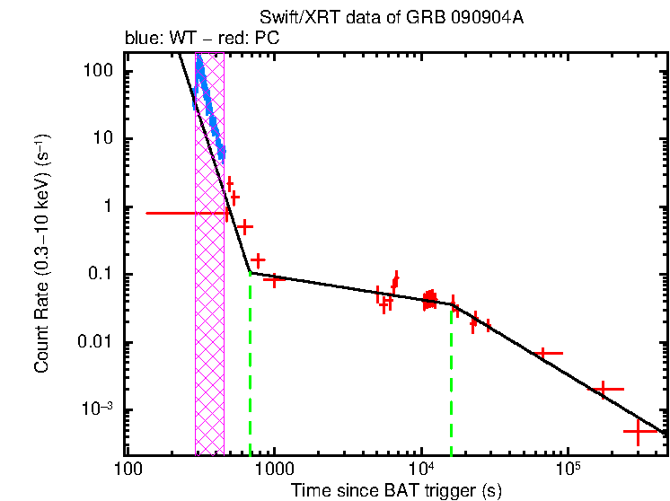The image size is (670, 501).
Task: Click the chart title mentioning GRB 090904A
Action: pos(391,18)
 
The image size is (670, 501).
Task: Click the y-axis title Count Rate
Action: pos(41,255)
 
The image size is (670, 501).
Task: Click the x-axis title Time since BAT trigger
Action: pos(395,490)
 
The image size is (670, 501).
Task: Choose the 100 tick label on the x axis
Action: pos(128,470)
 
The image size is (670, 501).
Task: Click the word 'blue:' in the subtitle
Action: pos(140,40)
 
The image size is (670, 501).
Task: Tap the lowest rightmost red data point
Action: pos(639,432)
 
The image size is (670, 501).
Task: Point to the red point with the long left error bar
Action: pos(189,213)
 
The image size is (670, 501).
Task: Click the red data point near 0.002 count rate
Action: pos(604,389)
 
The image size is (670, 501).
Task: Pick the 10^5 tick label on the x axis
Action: pos(568,470)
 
